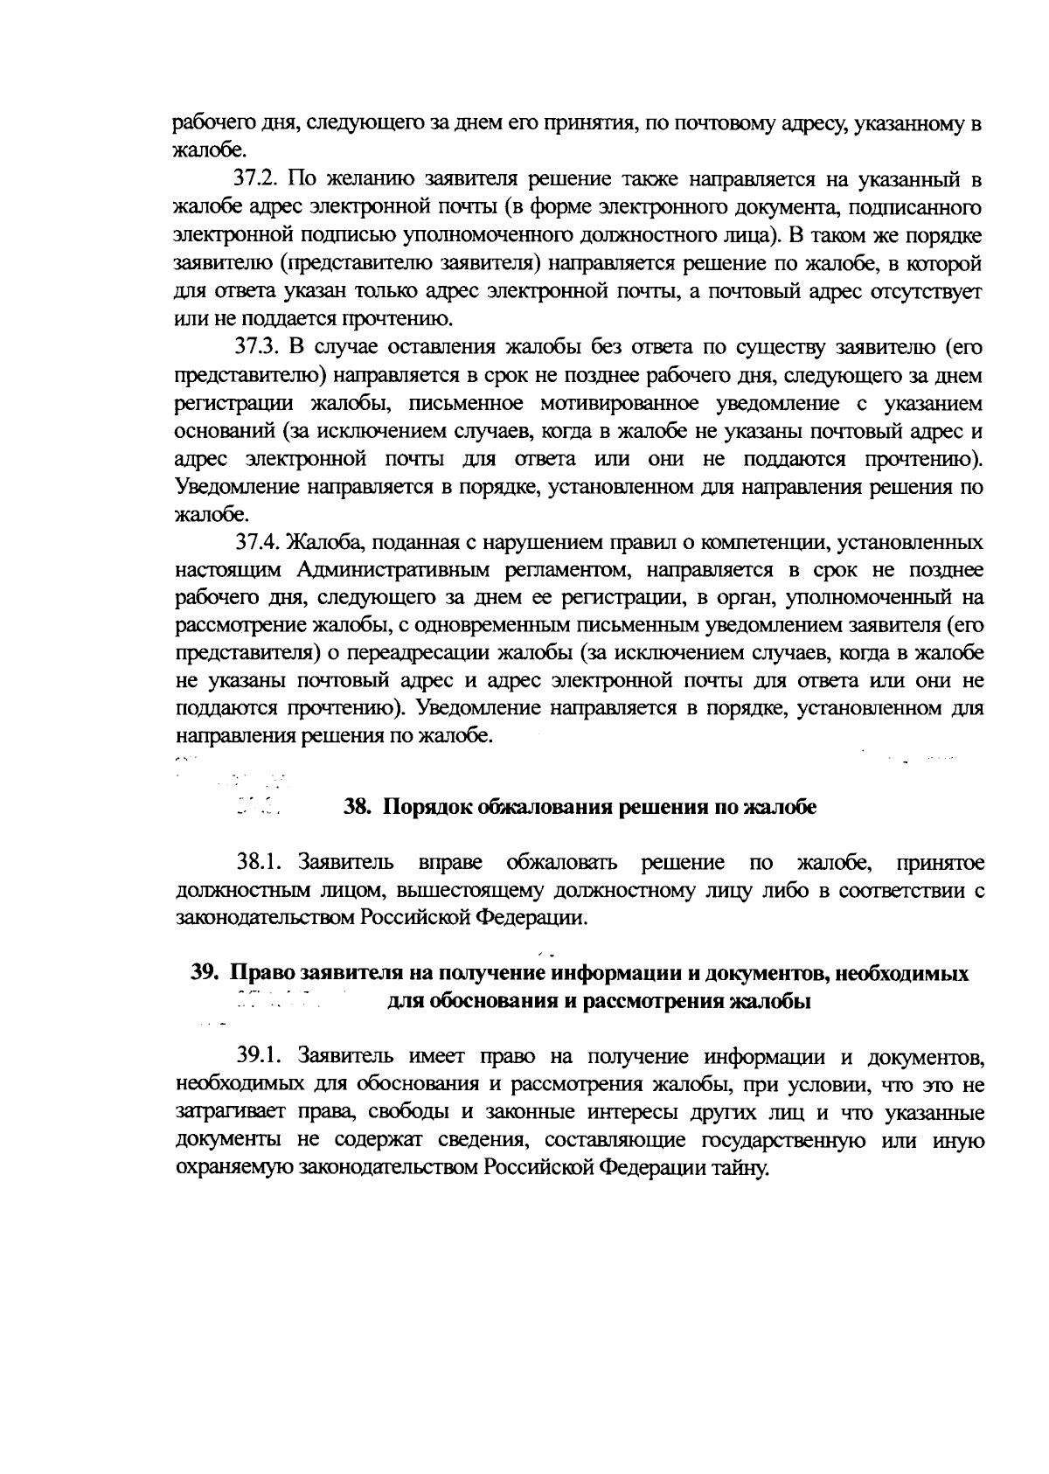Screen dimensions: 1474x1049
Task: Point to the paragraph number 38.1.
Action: point(258,863)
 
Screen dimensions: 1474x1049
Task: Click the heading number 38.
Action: point(358,807)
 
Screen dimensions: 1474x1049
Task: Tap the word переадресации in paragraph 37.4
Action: point(424,654)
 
